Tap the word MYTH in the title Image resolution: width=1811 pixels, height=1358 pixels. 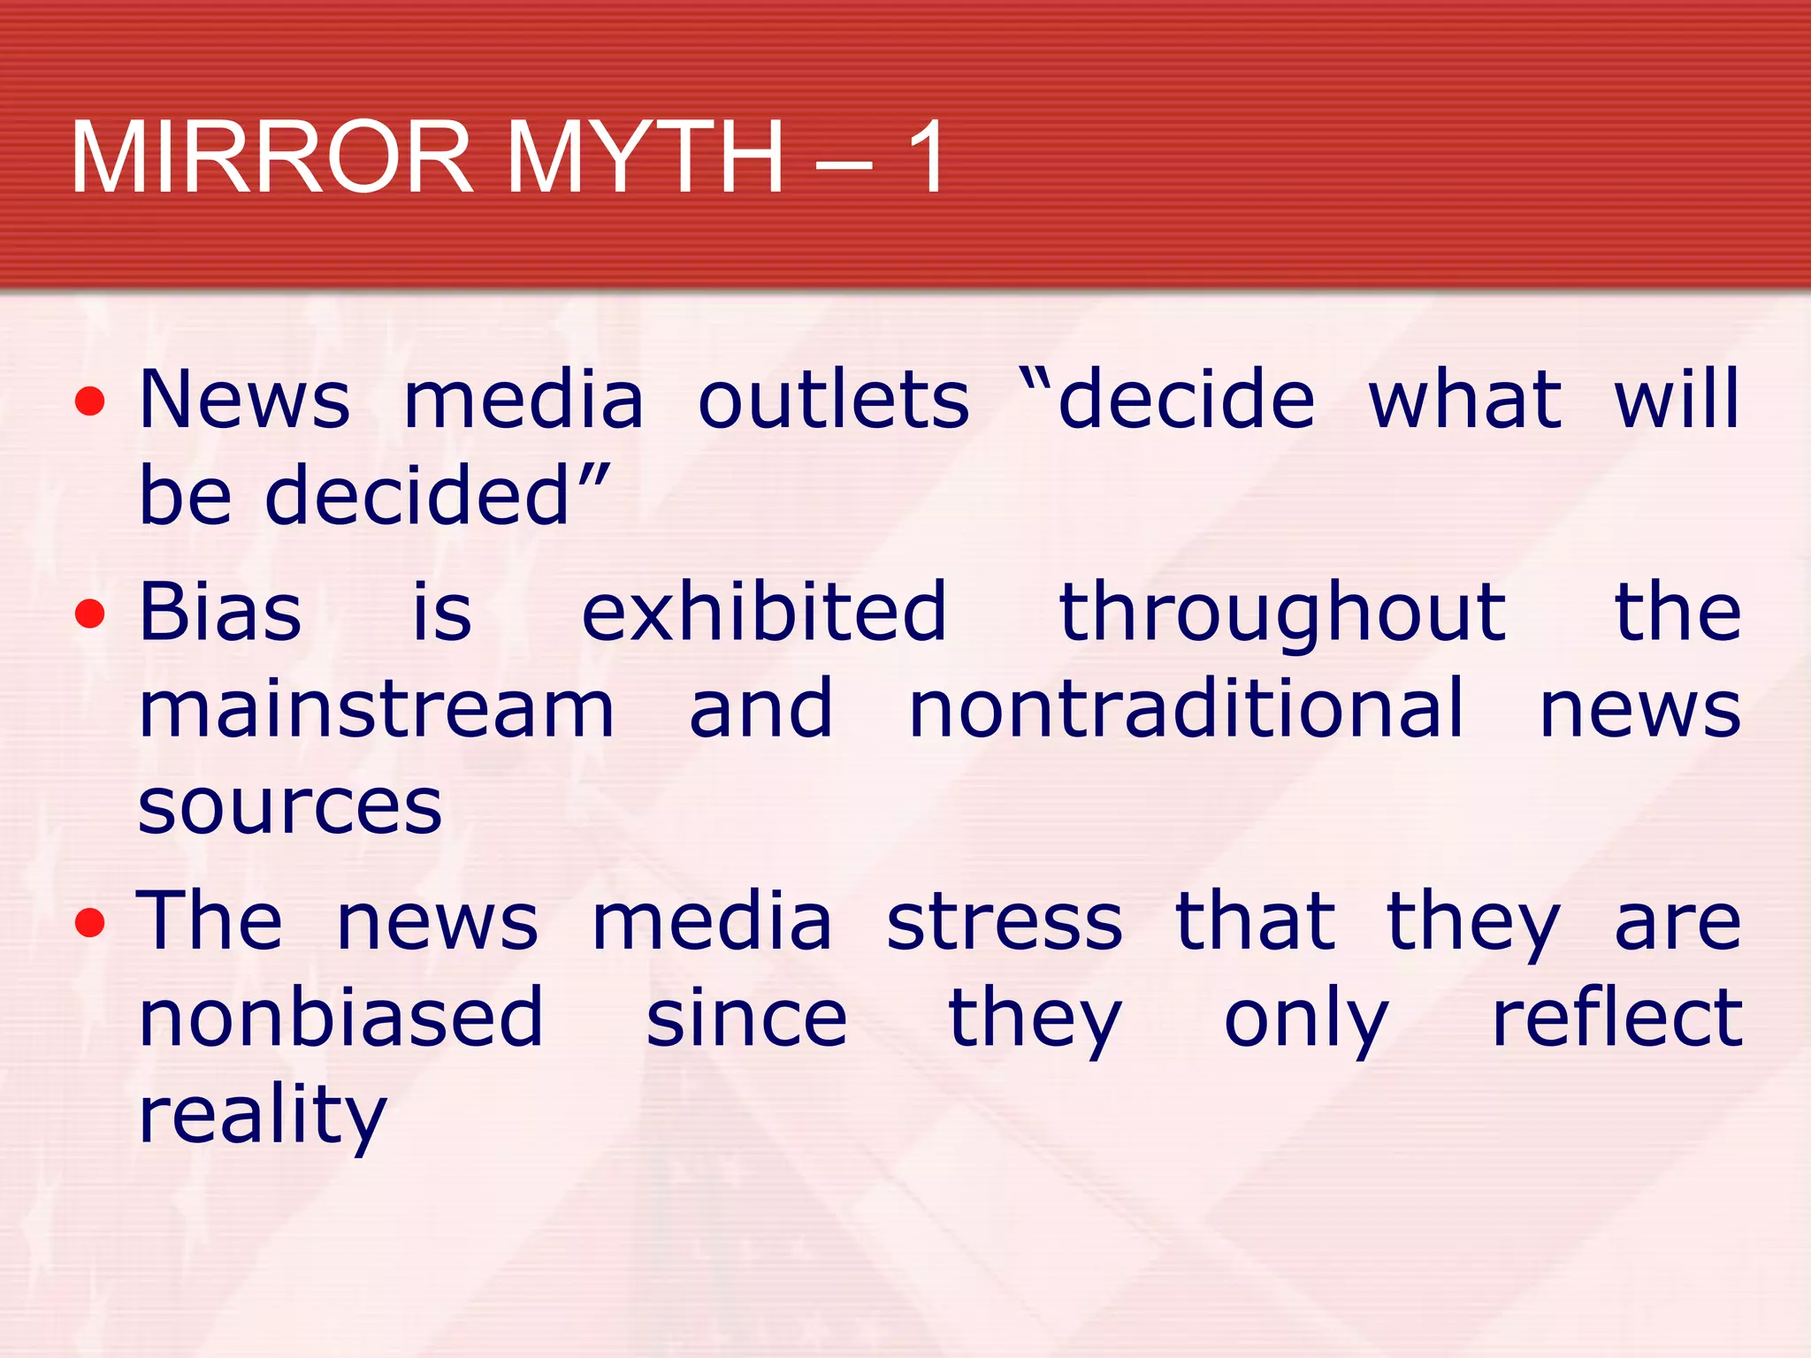click(x=645, y=157)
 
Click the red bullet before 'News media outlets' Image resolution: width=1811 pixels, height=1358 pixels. click(x=90, y=401)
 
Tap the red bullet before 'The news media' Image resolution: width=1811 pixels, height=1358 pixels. click(x=90, y=923)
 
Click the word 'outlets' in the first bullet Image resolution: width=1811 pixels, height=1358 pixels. click(x=833, y=401)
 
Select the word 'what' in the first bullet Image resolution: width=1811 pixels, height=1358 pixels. click(x=1465, y=401)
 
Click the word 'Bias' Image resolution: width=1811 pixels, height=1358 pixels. click(x=220, y=612)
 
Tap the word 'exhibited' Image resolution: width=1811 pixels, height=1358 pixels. click(x=764, y=612)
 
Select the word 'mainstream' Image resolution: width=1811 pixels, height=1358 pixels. click(x=376, y=709)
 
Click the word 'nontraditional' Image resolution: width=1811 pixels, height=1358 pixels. click(x=1186, y=709)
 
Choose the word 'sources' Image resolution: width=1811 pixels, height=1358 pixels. click(x=290, y=808)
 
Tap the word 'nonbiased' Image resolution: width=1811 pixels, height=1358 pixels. click(x=340, y=1018)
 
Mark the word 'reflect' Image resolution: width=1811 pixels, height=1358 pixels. click(x=1616, y=1018)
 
